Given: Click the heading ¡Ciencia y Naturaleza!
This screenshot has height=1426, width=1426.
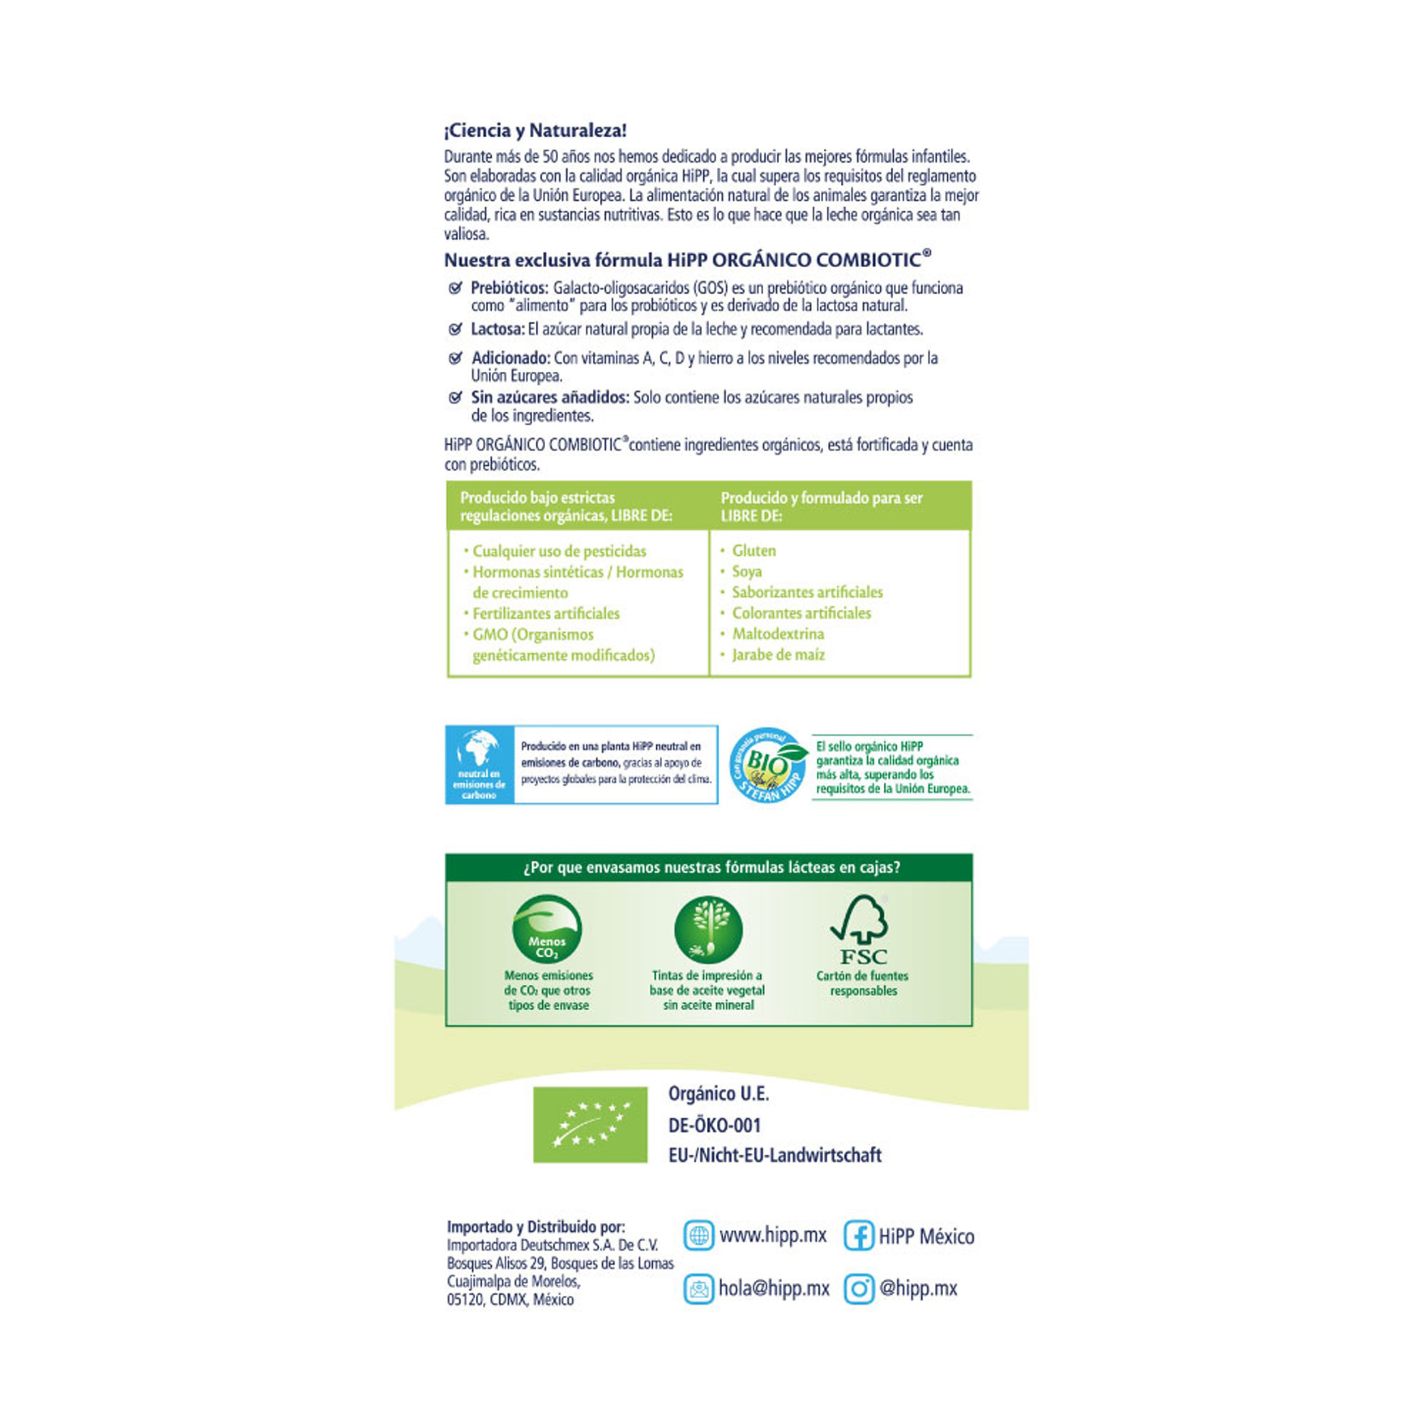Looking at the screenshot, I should (535, 131).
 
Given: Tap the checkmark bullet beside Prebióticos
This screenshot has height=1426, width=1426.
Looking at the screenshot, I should (456, 288).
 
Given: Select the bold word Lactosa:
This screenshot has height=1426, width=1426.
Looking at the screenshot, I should (498, 329).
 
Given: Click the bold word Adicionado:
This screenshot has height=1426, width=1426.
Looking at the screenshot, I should (511, 358).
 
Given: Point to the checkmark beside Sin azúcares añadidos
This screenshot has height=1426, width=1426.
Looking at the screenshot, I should (456, 398).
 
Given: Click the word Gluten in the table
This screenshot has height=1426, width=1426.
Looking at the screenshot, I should (754, 551).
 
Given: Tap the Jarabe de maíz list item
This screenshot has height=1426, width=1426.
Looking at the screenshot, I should (778, 654).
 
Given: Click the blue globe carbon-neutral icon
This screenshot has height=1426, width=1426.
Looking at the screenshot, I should (479, 764).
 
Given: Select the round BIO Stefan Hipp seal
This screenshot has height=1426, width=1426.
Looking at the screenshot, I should (767, 764).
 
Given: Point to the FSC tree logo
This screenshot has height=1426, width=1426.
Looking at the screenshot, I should (861, 929).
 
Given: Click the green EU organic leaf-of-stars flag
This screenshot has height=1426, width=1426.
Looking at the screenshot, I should (590, 1125).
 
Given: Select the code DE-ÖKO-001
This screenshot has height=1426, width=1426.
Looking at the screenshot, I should (714, 1125).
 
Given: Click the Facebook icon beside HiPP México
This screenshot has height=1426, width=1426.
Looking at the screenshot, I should (858, 1235).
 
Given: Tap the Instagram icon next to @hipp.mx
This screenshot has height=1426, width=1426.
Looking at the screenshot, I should (858, 1289).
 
